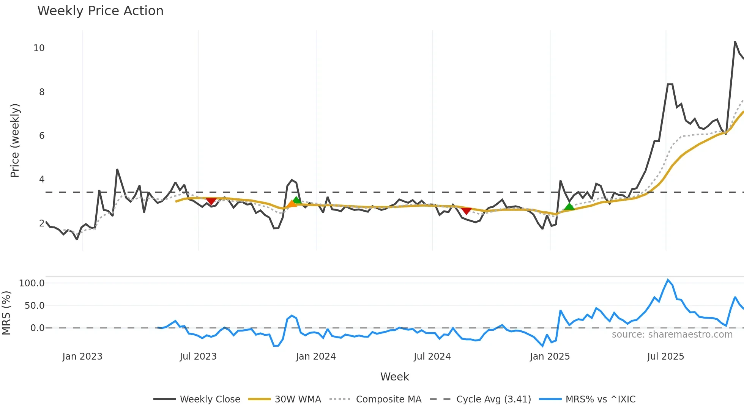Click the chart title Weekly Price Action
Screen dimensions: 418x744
100,11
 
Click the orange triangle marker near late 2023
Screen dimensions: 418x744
292,204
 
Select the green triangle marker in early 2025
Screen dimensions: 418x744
569,206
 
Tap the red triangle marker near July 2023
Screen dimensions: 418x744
211,201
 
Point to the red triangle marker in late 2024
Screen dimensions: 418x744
467,211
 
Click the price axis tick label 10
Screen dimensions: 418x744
39,48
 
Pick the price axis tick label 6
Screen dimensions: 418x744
42,136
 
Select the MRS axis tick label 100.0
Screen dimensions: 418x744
32,283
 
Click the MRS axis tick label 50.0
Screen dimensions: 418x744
35,306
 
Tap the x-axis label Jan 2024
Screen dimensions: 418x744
316,357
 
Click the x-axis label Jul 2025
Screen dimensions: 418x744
665,357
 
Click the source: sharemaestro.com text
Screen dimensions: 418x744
672,335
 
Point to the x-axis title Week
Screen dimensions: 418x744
394,377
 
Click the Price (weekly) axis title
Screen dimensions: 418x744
15,140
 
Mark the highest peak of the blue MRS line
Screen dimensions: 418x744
668,280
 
